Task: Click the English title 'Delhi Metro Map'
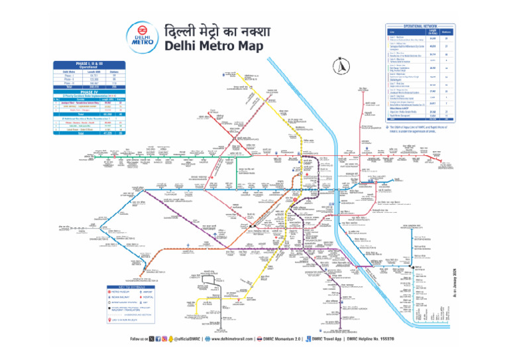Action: click(210, 47)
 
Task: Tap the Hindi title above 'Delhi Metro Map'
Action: click(211, 30)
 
